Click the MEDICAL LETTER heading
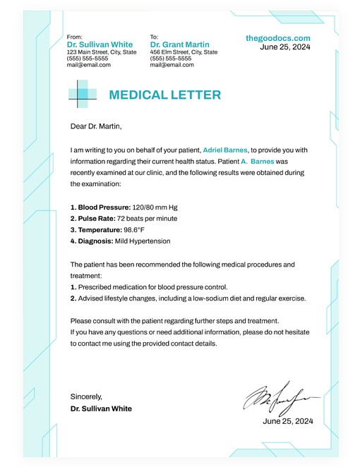click(164, 95)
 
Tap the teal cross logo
click(83, 95)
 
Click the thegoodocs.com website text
click(278, 38)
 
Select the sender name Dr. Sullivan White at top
click(100, 44)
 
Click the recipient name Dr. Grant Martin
click(180, 44)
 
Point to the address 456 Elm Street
click(184, 52)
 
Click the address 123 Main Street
click(102, 52)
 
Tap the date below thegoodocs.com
click(285, 47)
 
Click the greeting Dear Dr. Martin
click(96, 127)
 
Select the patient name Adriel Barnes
click(225, 150)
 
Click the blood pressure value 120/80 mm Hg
click(155, 207)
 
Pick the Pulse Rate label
click(94, 219)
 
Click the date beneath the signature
click(287, 421)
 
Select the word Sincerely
click(86, 396)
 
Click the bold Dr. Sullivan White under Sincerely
click(101, 408)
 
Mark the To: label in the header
click(155, 37)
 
